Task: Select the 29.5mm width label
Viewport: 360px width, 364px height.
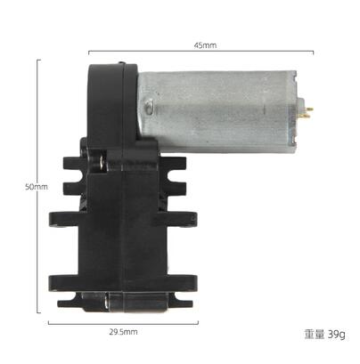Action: (x=123, y=332)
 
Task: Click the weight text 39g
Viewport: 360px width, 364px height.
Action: (x=336, y=335)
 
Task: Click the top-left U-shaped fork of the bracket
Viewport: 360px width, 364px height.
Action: (x=75, y=178)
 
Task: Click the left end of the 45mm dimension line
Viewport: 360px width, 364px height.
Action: (x=89, y=52)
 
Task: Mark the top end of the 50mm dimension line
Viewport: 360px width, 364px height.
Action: (x=37, y=60)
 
